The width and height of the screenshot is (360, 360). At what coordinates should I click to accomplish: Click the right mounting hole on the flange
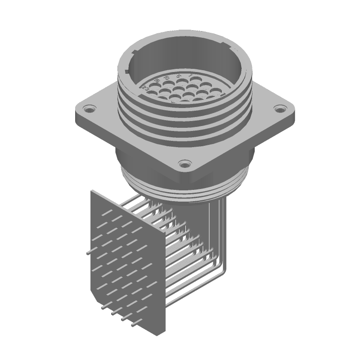[280, 109]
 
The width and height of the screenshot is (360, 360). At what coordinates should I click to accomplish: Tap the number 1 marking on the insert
[190, 75]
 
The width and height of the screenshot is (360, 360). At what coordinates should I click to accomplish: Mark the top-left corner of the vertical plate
[92, 190]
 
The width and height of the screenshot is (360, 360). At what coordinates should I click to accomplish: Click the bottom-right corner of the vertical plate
[165, 334]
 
